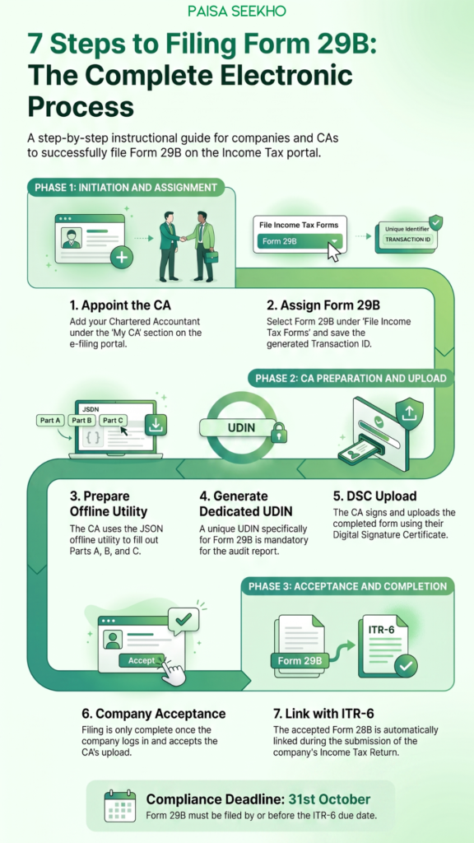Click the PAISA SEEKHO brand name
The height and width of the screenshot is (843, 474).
coord(237,11)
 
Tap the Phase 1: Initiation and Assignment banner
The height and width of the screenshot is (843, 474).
coord(126,188)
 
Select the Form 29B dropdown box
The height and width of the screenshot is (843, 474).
coord(300,241)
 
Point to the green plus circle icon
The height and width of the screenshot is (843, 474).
coord(122,258)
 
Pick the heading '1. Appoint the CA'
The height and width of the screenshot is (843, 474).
coord(120,305)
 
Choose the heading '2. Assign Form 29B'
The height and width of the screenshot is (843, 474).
coord(323,305)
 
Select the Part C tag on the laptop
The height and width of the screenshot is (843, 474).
coord(114,421)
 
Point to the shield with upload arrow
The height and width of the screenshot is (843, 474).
coord(409,412)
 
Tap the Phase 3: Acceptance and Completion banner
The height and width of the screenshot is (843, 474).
coord(348,586)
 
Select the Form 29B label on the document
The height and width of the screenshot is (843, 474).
coord(300,660)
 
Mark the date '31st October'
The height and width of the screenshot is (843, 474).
coord(329,799)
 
